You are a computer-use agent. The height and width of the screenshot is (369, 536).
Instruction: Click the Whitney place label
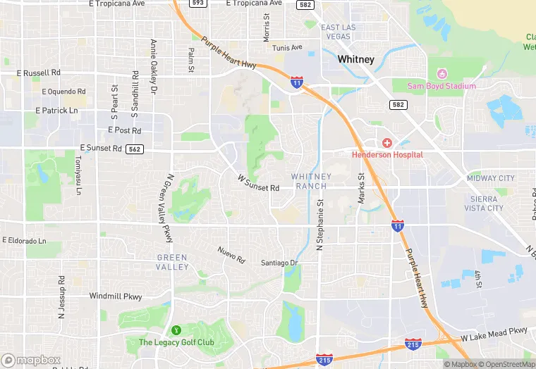tap(355, 59)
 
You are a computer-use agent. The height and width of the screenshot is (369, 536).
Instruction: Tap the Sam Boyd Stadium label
tap(441, 86)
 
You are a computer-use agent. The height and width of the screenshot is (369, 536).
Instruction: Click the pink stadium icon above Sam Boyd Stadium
tap(442, 73)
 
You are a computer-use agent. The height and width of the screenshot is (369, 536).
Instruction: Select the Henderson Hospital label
tap(387, 154)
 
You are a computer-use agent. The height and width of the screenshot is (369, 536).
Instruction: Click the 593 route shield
tap(197, 4)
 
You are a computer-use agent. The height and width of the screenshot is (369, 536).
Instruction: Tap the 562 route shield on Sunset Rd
tap(135, 149)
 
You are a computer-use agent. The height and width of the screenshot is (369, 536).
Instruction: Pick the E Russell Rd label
tap(39, 73)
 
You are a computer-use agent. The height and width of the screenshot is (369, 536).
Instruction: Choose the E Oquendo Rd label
tap(63, 92)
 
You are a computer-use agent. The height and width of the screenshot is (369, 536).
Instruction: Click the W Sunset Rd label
tap(259, 184)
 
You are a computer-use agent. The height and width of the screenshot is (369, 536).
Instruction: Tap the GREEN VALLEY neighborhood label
tap(173, 262)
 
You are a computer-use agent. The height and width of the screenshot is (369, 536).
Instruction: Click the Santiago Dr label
tap(280, 263)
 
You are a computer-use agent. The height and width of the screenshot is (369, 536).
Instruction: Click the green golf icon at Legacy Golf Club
tap(176, 330)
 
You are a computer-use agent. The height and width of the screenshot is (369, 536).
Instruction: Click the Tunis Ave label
tap(287, 47)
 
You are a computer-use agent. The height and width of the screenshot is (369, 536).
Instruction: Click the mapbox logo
tap(31, 360)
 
